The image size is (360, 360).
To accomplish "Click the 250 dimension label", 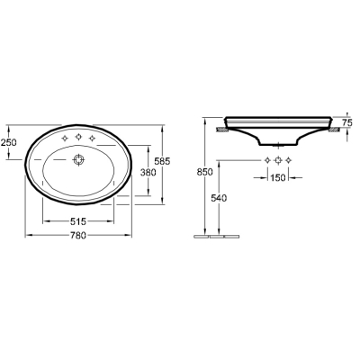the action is pos(8,142).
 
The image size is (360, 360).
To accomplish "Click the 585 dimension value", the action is pos(162,161).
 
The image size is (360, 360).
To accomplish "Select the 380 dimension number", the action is pos(148,173).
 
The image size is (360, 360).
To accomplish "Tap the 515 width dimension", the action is pos(78,221).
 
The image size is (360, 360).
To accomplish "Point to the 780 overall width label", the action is pos(78,236).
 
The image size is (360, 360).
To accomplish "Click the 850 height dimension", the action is pos(204,172).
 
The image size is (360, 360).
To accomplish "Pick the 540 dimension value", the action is pos(219,198).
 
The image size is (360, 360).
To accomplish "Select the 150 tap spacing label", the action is pos(278,178).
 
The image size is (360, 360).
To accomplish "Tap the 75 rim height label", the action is pos(347,122).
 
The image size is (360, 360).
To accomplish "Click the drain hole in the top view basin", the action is pos(78,159).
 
